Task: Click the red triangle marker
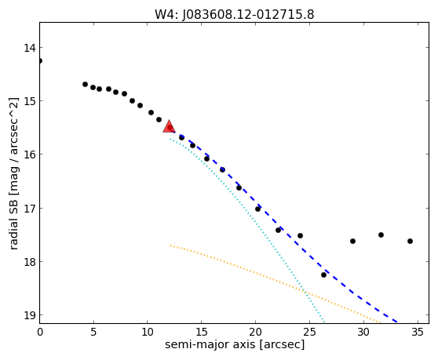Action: coord(169,126)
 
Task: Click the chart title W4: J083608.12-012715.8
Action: coord(235,14)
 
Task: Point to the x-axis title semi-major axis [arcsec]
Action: coord(235,344)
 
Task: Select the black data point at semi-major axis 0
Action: coord(40,61)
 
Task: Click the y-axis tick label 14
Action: coord(30,48)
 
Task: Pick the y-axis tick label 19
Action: coord(30,315)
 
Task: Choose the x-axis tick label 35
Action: coord(418,332)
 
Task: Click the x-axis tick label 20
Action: coord(255,332)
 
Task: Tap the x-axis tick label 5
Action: coord(93,332)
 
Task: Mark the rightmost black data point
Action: coord(410,241)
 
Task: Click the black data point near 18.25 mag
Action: coord(323,275)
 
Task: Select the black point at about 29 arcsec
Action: coord(352,241)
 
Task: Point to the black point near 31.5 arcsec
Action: coord(381,235)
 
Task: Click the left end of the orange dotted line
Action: coord(170,245)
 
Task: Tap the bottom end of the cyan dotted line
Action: coord(324,322)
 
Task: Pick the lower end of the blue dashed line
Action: coord(397,322)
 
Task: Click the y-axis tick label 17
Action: coord(30,208)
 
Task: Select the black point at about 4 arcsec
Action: coord(86,84)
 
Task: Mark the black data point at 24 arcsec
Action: coord(301,236)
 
